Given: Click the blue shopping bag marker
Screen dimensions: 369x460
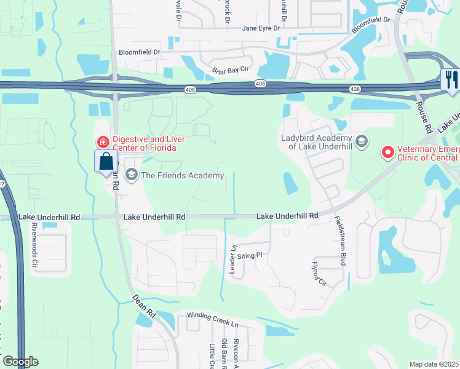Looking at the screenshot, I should (x=106, y=162).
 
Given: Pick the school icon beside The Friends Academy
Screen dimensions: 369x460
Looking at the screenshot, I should (x=130, y=176).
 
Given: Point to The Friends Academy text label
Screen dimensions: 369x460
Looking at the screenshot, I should (x=183, y=176).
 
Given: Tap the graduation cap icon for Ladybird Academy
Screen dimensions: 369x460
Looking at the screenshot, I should (x=361, y=141).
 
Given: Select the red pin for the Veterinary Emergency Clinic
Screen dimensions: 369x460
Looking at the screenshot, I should (x=387, y=151).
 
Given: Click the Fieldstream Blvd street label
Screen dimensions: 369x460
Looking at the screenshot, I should (x=338, y=240).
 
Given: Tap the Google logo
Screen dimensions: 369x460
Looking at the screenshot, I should (x=20, y=362).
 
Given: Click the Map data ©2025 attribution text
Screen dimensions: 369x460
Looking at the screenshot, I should (x=434, y=364).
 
